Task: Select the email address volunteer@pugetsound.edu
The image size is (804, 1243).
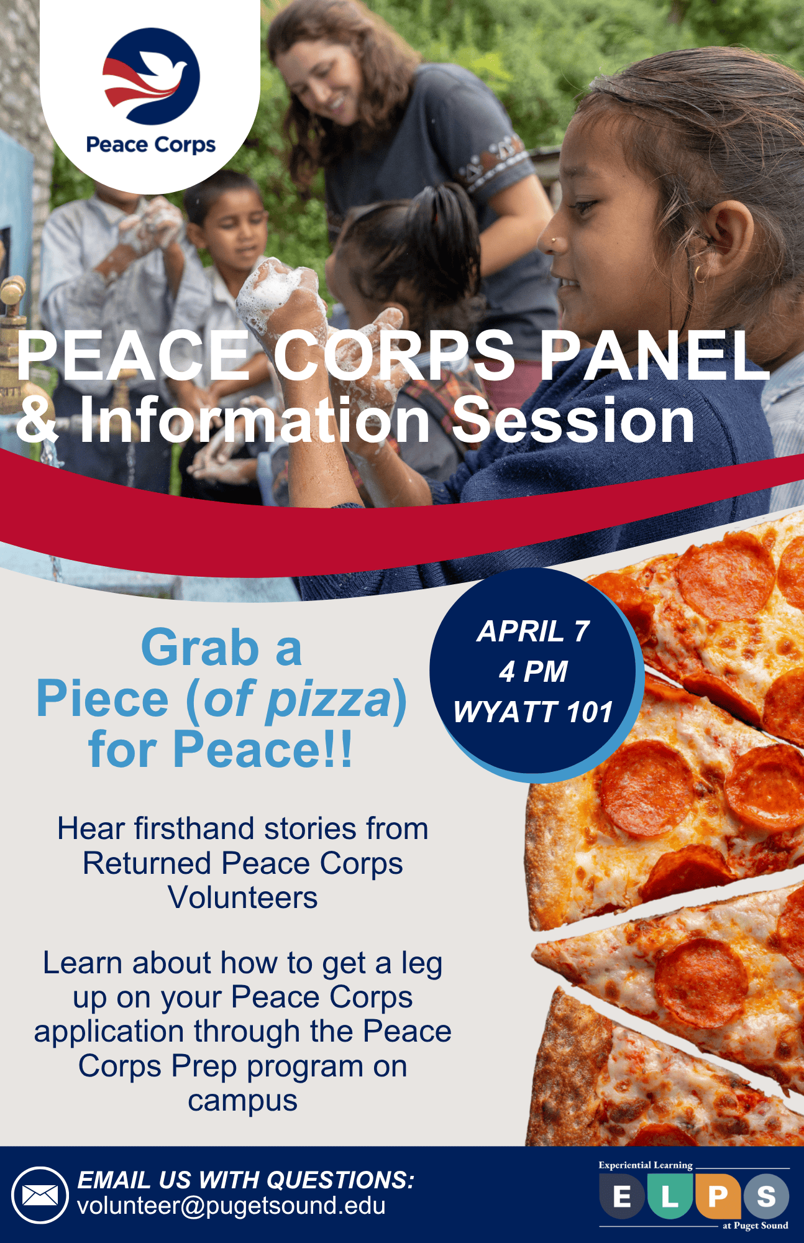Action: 231,1206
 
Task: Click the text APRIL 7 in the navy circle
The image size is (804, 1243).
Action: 532,631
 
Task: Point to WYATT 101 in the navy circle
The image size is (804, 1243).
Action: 533,712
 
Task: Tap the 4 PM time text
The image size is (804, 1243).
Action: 533,672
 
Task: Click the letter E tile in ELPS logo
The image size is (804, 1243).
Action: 621,1196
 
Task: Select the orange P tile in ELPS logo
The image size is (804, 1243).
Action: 718,1196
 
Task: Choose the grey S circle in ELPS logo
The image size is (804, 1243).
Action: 766,1196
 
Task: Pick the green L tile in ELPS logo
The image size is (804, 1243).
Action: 670,1196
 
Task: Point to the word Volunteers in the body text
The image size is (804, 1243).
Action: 242,898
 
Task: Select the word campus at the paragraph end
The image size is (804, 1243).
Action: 242,1101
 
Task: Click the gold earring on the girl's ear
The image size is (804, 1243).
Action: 700,274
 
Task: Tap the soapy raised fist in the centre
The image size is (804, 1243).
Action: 278,292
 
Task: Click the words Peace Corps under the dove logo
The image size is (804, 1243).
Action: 150,145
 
